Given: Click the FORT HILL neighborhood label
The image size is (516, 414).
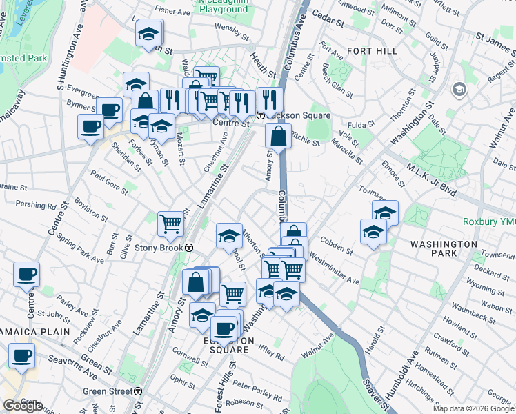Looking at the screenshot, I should coord(373,51).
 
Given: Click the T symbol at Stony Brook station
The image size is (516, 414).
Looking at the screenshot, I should coord(188,248).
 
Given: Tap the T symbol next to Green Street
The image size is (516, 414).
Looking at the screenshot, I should coord(138,391).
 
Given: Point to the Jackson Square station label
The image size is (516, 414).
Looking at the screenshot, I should coord(289,115).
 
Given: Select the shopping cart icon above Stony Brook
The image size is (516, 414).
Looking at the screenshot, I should coord(170,222).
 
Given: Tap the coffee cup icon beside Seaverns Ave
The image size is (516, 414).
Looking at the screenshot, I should coord(22,357).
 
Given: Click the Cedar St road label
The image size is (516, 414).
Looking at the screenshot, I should coord(328,18).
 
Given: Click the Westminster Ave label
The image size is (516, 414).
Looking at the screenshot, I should coord(335,269).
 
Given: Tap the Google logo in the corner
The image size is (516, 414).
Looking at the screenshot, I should coord(23,406).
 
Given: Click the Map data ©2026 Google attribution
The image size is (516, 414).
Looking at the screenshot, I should coord(473,408).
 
